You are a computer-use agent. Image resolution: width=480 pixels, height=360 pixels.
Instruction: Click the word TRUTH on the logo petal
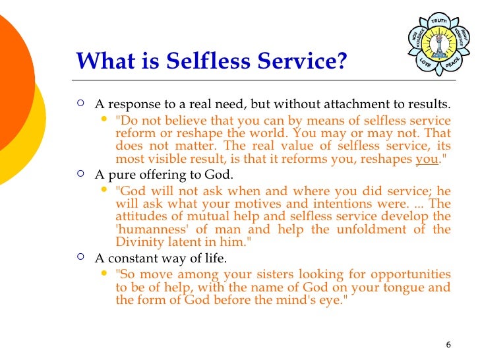click(439, 21)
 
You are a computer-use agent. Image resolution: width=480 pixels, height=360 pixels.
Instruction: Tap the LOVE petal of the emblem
click(425, 62)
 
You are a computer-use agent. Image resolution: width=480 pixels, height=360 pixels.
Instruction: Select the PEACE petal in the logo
click(452, 62)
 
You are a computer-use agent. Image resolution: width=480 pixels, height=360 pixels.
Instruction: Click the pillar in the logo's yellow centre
click(438, 42)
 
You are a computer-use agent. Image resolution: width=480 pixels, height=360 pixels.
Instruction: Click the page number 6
click(448, 345)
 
